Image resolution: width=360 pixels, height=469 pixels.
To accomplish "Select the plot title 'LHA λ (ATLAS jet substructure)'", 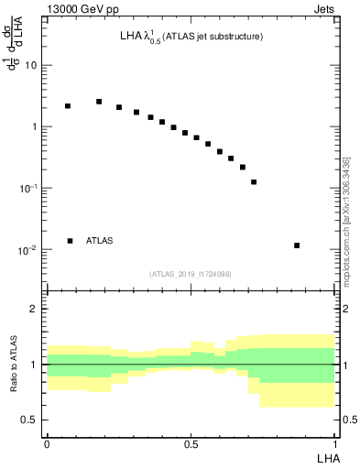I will point(191,38).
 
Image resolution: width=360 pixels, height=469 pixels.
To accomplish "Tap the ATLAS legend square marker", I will point(70,241).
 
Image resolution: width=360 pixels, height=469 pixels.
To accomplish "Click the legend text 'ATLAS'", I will point(100,241).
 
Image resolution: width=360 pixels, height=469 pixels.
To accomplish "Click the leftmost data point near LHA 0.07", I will point(68,106).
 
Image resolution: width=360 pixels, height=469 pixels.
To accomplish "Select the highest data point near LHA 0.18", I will point(99,102).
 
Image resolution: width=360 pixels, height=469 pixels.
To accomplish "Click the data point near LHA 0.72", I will point(254,182).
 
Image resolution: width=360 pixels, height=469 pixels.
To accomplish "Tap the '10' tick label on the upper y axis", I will point(31,66).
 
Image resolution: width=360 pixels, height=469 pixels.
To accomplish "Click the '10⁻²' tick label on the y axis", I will point(28,249).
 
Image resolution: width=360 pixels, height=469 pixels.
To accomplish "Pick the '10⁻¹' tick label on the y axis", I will point(28,188).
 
